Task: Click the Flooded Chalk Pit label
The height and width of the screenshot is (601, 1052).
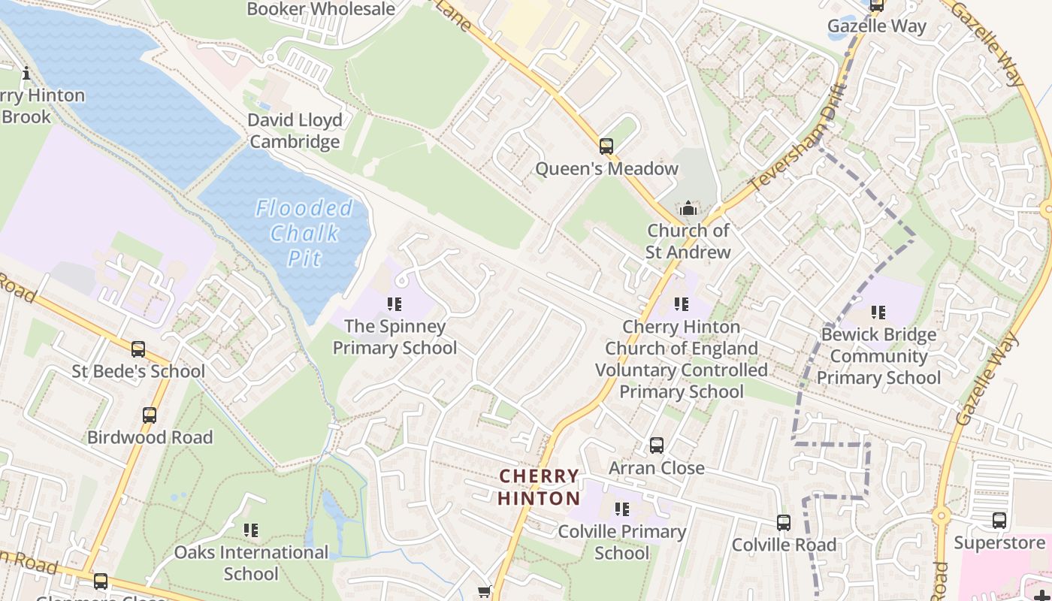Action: click(304, 233)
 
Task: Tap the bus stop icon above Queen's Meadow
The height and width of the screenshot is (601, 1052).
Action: click(606, 146)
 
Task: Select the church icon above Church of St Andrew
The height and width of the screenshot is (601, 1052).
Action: click(688, 208)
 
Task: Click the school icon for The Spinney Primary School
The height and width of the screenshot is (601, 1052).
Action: click(394, 304)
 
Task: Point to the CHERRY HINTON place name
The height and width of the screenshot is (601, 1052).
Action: click(539, 487)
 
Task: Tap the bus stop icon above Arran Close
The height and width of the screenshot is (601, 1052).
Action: click(657, 445)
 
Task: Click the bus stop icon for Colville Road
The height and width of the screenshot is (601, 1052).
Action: click(784, 523)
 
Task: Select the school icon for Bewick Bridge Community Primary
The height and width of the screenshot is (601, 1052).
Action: click(878, 312)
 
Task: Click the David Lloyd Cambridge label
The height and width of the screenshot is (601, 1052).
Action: click(295, 131)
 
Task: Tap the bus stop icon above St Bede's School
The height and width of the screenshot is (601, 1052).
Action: click(138, 349)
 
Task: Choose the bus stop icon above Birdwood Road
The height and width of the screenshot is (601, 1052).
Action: click(150, 415)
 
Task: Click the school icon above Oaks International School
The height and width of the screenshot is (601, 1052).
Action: click(251, 530)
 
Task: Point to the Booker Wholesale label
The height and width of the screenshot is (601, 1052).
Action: click(321, 9)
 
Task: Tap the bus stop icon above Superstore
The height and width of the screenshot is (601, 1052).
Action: click(999, 521)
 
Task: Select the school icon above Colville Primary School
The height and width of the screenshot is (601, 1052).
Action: click(622, 509)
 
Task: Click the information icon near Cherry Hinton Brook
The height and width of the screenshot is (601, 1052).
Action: click(26, 73)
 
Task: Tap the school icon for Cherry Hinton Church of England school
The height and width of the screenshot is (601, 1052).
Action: click(682, 304)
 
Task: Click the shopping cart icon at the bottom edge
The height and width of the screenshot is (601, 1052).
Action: click(485, 592)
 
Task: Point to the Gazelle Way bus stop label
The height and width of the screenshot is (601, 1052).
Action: click(877, 26)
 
